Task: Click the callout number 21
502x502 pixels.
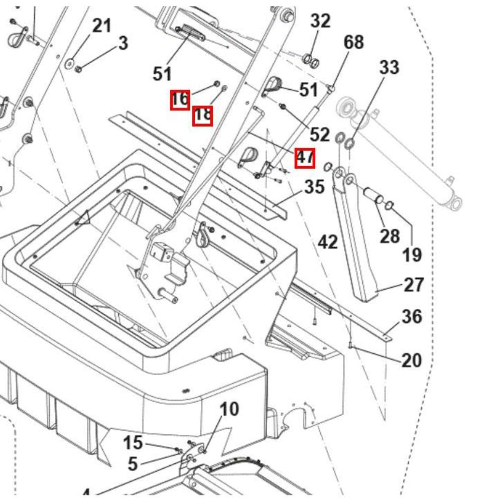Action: [x=102, y=26]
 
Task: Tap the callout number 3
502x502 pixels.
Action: [x=123, y=43]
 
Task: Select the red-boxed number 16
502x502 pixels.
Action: [x=180, y=99]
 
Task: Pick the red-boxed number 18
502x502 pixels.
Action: [x=202, y=115]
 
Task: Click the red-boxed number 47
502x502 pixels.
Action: [x=305, y=158]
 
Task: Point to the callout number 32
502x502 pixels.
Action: [x=320, y=21]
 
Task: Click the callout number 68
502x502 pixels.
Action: [x=353, y=42]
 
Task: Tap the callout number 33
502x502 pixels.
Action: [x=389, y=67]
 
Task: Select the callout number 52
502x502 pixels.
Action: [x=320, y=135]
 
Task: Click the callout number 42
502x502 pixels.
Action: [x=328, y=242]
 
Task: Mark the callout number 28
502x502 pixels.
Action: [x=390, y=235]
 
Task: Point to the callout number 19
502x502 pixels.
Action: [x=412, y=255]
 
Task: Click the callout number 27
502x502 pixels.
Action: [x=414, y=285]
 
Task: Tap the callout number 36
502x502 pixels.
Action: [x=412, y=317]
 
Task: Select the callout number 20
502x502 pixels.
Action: [x=412, y=360]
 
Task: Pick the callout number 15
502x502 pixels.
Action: [x=133, y=443]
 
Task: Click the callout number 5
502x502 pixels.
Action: [x=133, y=464]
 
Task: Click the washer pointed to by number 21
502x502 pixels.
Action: [x=69, y=63]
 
